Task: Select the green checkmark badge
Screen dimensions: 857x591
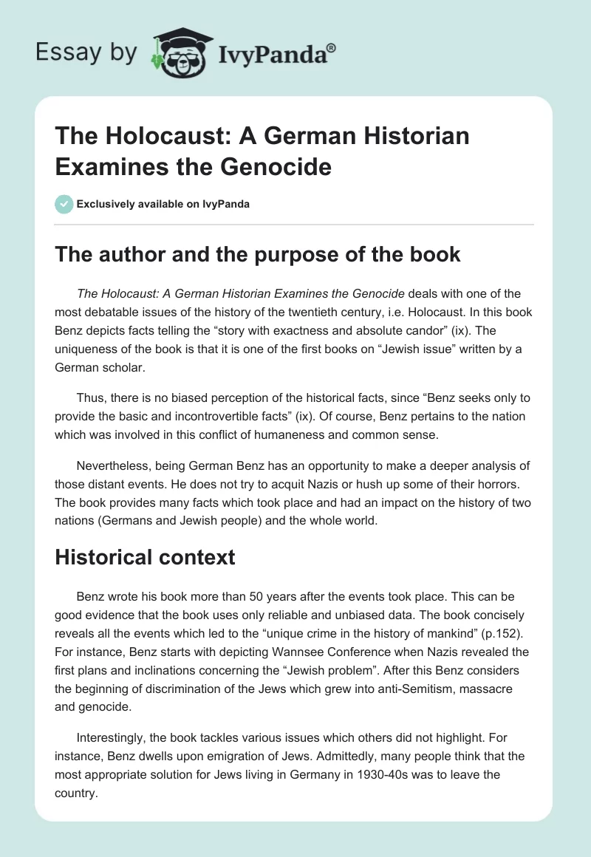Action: click(x=64, y=204)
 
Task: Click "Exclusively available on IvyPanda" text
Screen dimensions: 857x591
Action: click(x=163, y=205)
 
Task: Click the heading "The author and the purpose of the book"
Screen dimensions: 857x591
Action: click(x=258, y=255)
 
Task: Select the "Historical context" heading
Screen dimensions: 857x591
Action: click(x=146, y=556)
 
